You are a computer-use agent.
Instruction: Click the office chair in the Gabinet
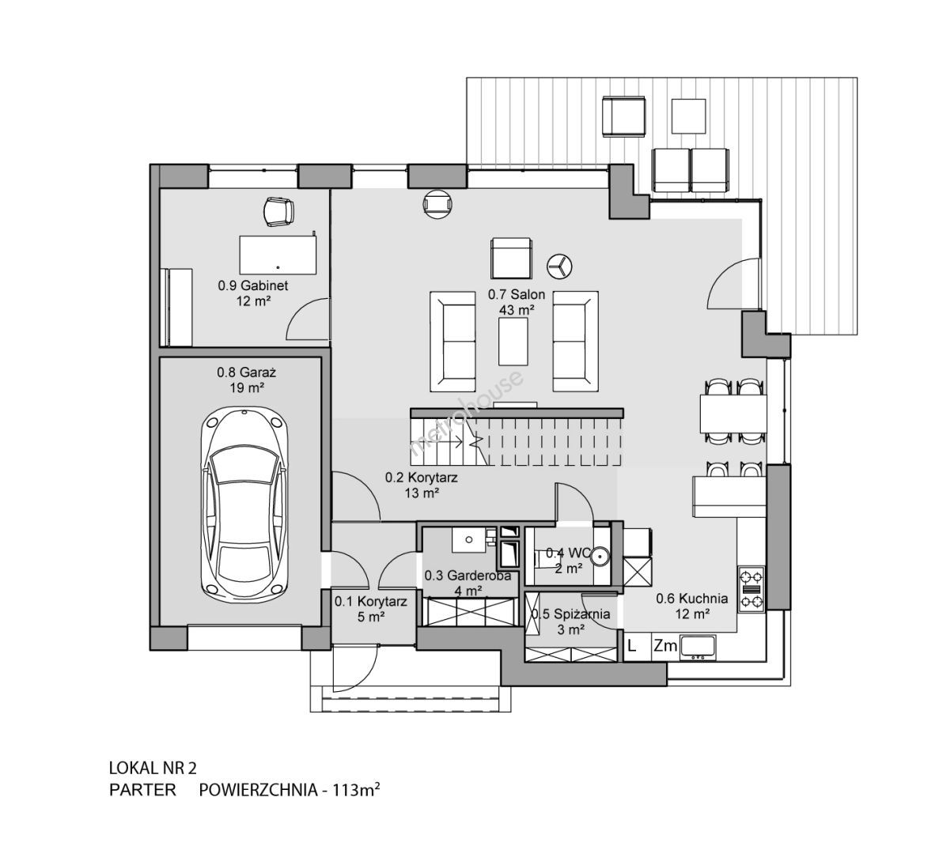(278, 212)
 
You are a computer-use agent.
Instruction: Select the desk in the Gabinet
(278, 255)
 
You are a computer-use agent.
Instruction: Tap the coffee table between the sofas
(513, 341)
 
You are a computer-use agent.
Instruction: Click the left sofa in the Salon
(452, 342)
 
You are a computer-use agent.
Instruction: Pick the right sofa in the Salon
(575, 342)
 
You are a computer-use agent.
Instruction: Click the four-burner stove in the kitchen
(752, 589)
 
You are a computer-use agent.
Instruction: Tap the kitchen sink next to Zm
(699, 647)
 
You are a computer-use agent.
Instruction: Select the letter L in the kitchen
(631, 646)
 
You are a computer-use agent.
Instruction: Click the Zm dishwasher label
(664, 646)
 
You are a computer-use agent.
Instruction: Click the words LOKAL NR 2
(153, 768)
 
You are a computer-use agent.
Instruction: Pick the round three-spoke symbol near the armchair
(559, 266)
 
